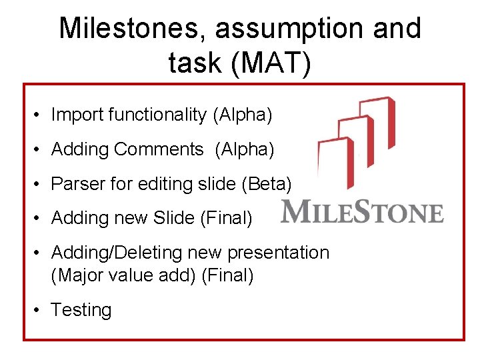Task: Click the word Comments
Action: point(159,149)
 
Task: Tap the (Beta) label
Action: point(269,183)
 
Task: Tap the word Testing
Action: point(81,310)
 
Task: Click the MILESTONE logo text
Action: point(363,212)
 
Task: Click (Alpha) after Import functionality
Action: point(242,115)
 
